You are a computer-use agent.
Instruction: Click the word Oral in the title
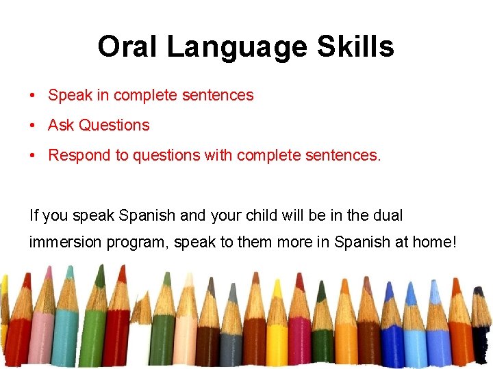(x=127, y=47)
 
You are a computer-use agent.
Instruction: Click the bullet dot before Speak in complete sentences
(x=33, y=96)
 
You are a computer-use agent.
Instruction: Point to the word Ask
(x=61, y=125)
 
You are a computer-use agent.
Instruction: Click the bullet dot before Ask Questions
(x=33, y=126)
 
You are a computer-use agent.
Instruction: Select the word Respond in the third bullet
(x=79, y=155)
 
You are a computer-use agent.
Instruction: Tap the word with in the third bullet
(x=218, y=155)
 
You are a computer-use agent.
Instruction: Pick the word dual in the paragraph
(x=388, y=216)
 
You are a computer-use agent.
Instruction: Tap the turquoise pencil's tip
(x=68, y=273)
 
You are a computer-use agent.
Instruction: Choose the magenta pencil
(x=299, y=328)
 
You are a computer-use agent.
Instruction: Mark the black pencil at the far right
(x=482, y=335)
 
